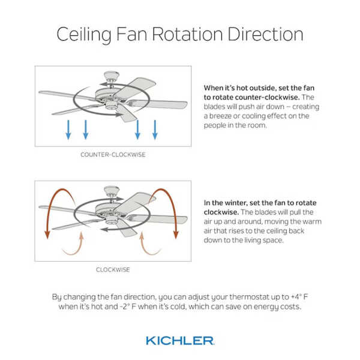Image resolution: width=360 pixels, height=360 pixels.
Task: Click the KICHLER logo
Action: [x=180, y=341]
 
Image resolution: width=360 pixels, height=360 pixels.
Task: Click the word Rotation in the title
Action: [x=187, y=34]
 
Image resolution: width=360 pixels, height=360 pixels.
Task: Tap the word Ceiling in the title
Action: [x=84, y=35]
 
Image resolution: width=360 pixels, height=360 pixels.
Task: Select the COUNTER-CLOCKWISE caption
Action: [x=113, y=155]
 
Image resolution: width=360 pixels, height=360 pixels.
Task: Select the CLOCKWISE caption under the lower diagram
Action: [x=113, y=269]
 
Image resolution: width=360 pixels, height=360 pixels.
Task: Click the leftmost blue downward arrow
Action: [x=68, y=130]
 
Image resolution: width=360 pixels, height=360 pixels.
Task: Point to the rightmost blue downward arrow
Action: [x=155, y=130]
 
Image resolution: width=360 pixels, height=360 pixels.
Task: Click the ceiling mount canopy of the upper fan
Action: [x=112, y=75]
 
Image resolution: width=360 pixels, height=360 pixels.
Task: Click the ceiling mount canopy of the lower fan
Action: [x=112, y=190]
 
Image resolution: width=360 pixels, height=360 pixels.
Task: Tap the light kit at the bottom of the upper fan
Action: [x=112, y=106]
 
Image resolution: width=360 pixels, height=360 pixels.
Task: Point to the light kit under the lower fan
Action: [x=112, y=221]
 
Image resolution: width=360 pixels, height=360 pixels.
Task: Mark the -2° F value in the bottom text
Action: [x=128, y=307]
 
